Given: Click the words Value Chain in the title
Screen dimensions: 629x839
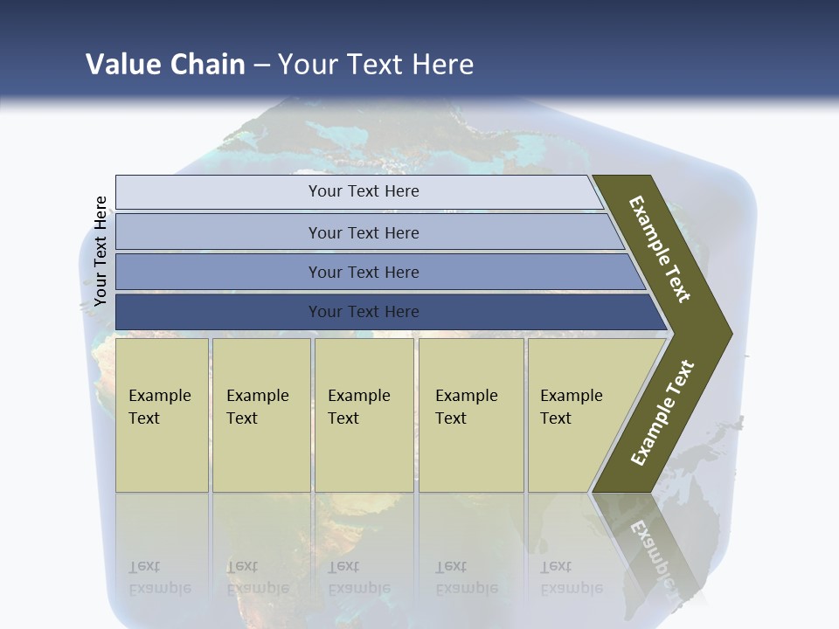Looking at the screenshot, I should (x=165, y=64).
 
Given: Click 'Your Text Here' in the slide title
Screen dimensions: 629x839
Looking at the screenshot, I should (x=376, y=64).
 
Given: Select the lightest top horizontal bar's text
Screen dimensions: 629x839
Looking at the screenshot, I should (x=364, y=191).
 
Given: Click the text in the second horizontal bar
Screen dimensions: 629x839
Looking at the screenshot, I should (x=364, y=232).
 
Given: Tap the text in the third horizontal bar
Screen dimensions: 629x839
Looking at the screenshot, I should (x=364, y=272).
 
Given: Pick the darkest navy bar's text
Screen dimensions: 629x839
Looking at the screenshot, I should (x=364, y=311).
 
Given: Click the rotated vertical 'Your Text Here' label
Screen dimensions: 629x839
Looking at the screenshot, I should (x=101, y=252).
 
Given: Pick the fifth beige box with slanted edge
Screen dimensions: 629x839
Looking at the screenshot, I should (x=572, y=406).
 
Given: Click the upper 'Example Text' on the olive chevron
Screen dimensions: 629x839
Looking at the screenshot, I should (x=660, y=249).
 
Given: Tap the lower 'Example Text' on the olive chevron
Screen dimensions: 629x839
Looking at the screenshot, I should (x=662, y=412).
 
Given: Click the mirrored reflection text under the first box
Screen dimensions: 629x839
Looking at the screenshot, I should (x=159, y=577).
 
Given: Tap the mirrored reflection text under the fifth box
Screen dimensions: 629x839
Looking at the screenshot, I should (x=572, y=577).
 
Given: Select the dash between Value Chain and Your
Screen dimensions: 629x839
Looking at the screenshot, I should (x=261, y=66).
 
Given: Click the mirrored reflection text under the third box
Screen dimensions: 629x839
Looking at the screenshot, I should (x=358, y=577).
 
